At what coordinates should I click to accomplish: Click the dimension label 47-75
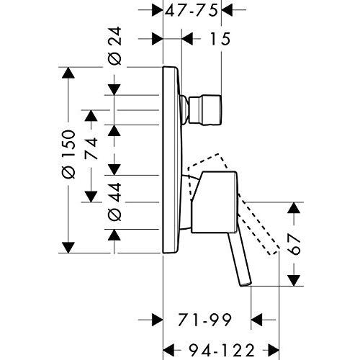192,12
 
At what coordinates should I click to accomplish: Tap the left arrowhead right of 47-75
230,12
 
